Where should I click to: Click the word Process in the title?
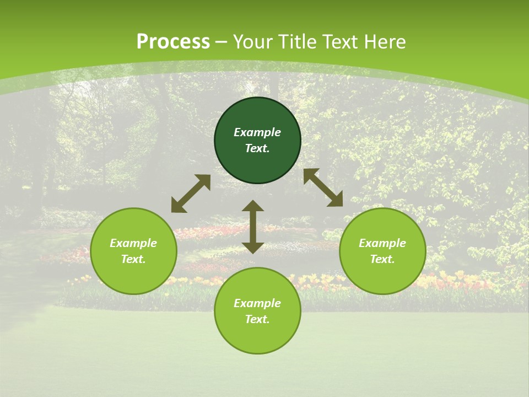173,42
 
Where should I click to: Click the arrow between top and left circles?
191,194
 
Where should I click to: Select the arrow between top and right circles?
323,187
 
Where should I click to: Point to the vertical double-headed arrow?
253,227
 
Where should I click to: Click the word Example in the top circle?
257,132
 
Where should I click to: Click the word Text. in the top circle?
257,148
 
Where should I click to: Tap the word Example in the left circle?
133,243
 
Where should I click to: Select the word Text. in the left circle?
133,259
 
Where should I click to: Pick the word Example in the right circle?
382,243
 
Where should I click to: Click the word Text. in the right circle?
382,259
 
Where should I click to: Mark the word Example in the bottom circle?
257,303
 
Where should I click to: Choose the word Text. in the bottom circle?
257,319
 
